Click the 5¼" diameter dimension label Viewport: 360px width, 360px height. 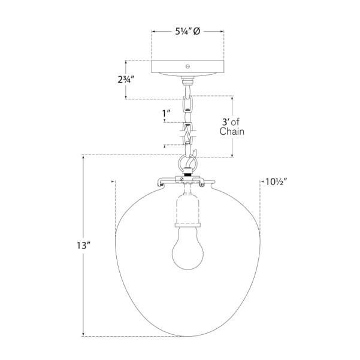(x=187, y=31)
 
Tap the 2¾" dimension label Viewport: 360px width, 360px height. (x=126, y=80)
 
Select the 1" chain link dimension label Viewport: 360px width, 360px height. (x=167, y=113)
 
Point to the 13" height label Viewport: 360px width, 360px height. (x=82, y=246)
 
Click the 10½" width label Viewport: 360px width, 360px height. (x=276, y=182)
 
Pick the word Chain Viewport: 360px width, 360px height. (x=232, y=132)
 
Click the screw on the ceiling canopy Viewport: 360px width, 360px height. (x=187, y=66)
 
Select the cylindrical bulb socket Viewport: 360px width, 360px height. (x=188, y=208)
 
